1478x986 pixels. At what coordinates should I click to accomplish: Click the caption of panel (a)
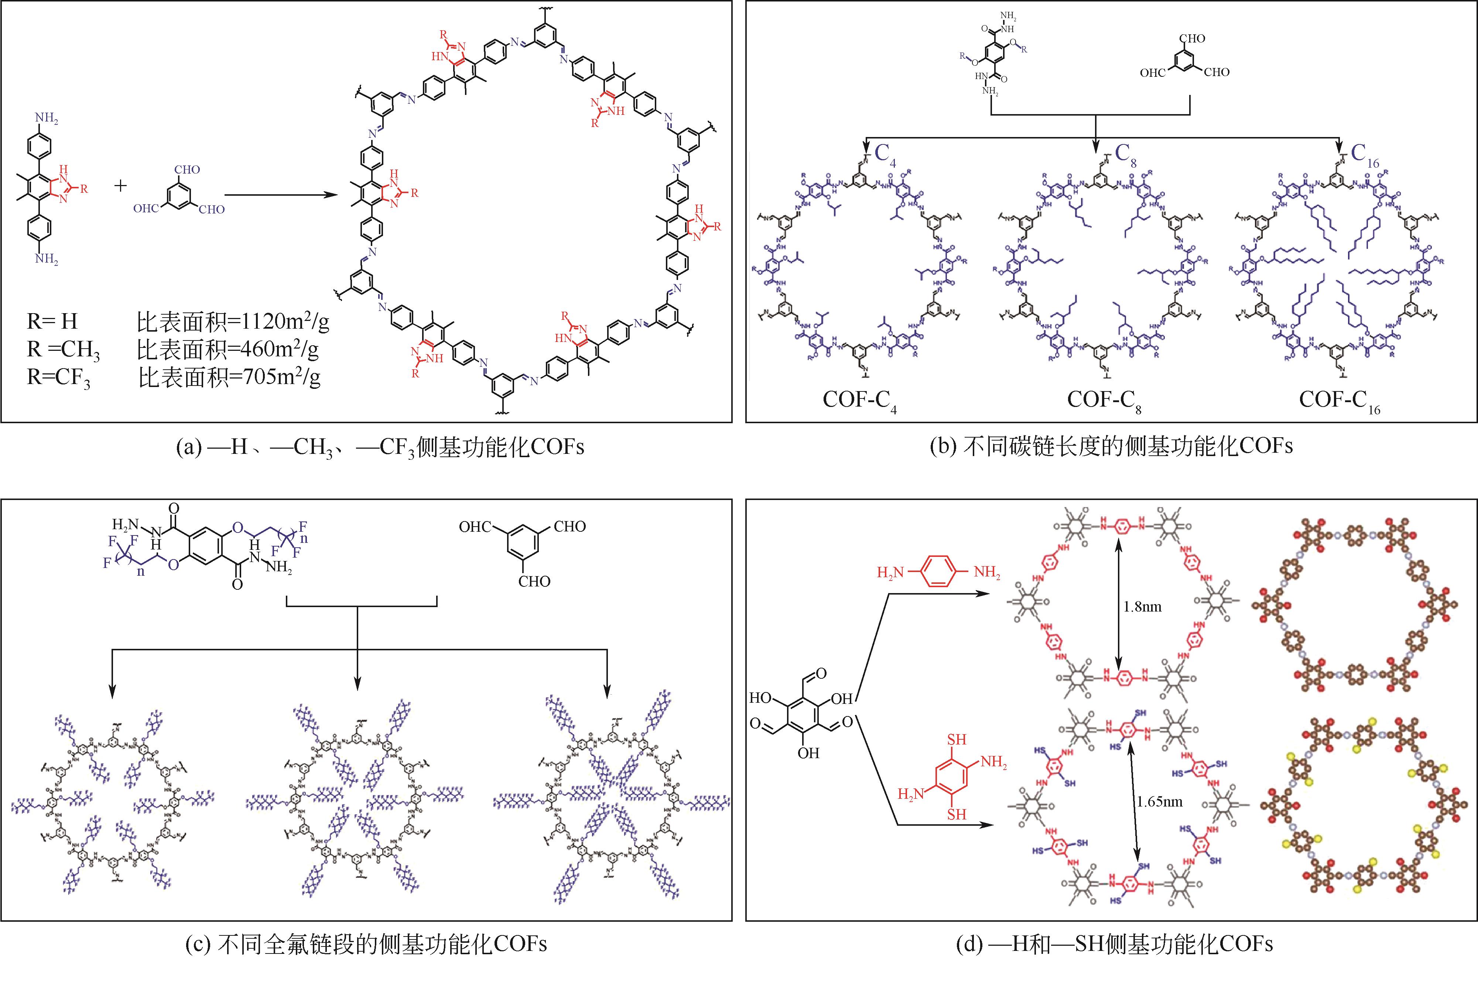coord(380,447)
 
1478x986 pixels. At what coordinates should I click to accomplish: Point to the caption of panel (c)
coord(366,944)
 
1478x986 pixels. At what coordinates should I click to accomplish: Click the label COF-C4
coord(859,401)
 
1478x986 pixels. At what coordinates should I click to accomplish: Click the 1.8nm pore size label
coord(1142,607)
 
